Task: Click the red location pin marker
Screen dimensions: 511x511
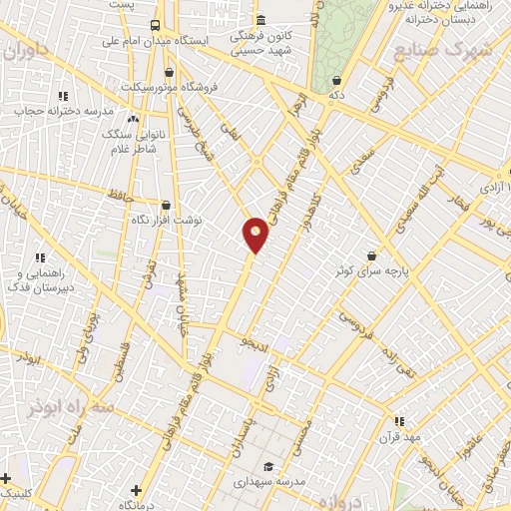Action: (x=256, y=234)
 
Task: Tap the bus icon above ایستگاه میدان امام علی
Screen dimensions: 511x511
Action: (x=154, y=25)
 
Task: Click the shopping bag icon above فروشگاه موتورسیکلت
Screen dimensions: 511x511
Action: (x=168, y=72)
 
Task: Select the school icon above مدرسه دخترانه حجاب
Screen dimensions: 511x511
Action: (x=63, y=97)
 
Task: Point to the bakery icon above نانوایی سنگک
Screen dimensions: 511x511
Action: (x=133, y=119)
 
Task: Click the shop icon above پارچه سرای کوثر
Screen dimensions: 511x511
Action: (x=372, y=256)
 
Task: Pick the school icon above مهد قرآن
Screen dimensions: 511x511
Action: (x=399, y=422)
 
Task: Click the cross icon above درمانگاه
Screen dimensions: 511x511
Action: (x=136, y=490)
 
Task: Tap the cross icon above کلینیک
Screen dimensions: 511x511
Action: (x=7, y=479)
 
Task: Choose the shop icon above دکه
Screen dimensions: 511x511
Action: (x=337, y=81)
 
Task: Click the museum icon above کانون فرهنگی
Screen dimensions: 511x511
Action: (x=259, y=20)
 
